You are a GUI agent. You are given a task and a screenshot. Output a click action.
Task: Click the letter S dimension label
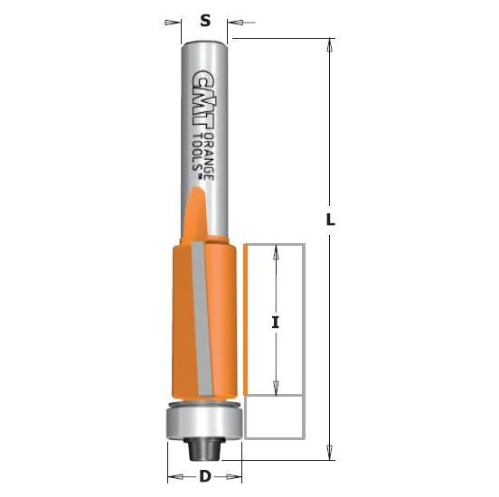click(205, 20)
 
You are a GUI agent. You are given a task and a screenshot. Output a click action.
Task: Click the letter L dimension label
click(331, 220)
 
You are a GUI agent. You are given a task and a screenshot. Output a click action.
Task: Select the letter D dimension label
click(205, 475)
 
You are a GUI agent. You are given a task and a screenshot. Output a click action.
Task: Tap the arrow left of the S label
click(174, 21)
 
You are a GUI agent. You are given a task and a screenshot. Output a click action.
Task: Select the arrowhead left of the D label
click(174, 475)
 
